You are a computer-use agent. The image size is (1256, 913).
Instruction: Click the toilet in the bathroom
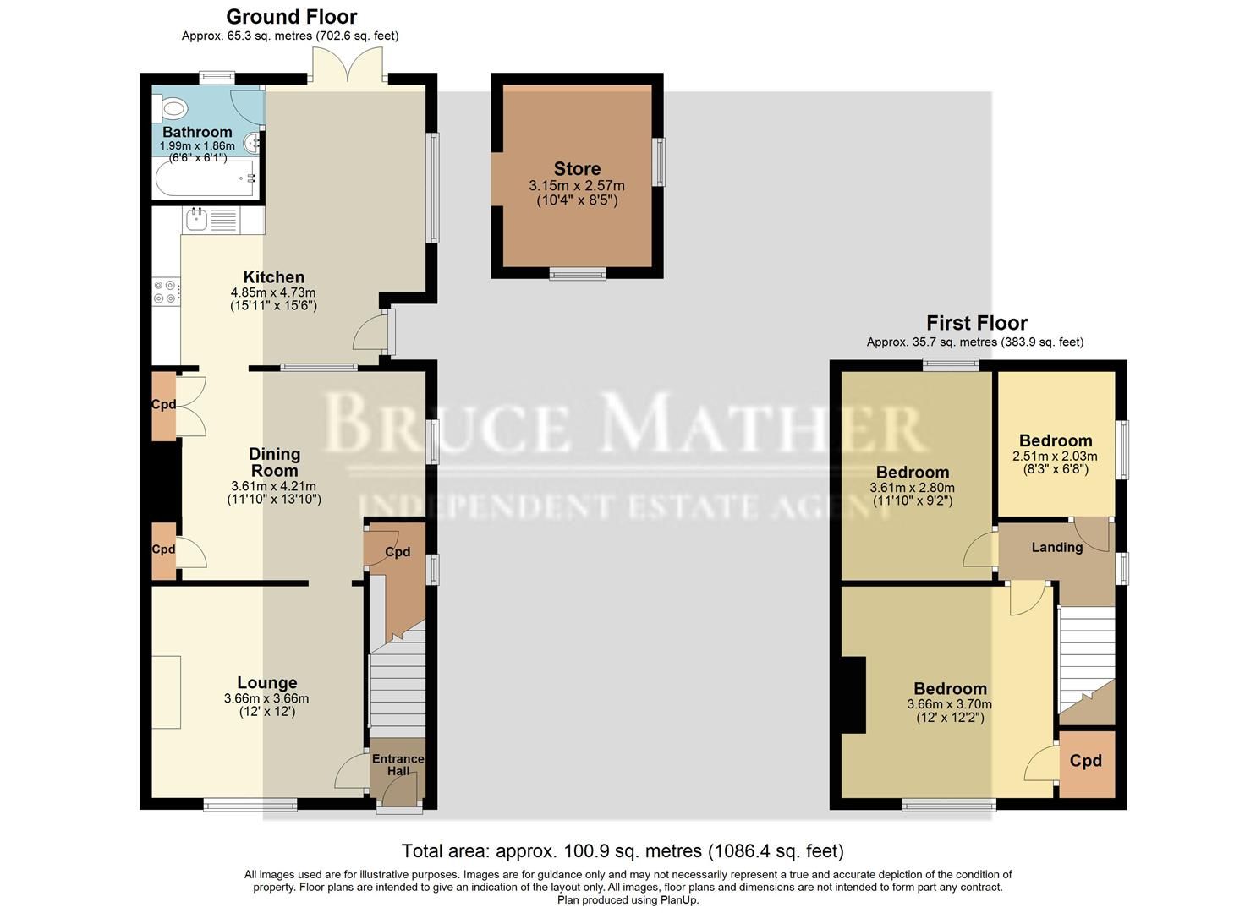point(173,108)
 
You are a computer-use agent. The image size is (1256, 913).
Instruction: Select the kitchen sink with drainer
point(211,221)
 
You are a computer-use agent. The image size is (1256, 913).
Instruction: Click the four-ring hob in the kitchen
point(166,292)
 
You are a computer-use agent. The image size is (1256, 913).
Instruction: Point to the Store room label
point(577,169)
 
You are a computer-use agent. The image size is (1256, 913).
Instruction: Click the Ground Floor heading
point(291,17)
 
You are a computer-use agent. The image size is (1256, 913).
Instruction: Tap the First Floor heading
point(976,323)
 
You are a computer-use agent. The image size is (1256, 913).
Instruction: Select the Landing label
point(1056,547)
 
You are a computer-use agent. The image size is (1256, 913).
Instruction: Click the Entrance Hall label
point(398,764)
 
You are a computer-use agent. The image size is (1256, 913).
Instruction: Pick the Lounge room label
point(266,682)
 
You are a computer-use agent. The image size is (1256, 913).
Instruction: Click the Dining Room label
point(274,462)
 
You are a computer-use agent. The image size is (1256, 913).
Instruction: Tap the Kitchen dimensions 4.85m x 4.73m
point(273,292)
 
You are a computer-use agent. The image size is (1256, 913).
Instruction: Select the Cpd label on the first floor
point(1085,761)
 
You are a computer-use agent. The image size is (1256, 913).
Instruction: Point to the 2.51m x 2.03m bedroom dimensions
point(1055,456)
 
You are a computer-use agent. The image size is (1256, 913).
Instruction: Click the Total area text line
point(622,850)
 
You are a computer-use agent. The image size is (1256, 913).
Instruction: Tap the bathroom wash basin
point(252,145)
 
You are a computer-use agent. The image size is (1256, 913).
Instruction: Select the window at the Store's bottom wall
point(578,273)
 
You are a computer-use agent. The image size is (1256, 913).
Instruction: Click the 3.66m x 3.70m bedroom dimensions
point(949,704)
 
